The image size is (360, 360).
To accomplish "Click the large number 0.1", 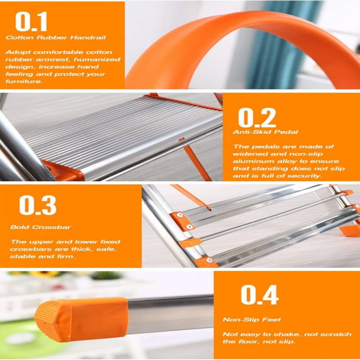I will (x=31, y=22).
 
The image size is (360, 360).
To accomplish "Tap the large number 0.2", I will (x=257, y=117).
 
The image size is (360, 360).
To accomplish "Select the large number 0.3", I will (x=38, y=205).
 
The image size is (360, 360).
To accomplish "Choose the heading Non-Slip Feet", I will (x=252, y=319).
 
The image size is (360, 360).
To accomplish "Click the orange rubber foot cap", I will (x=81, y=319).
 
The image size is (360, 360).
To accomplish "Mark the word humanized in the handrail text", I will (x=102, y=59).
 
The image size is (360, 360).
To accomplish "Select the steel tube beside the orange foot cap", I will (x=171, y=315).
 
